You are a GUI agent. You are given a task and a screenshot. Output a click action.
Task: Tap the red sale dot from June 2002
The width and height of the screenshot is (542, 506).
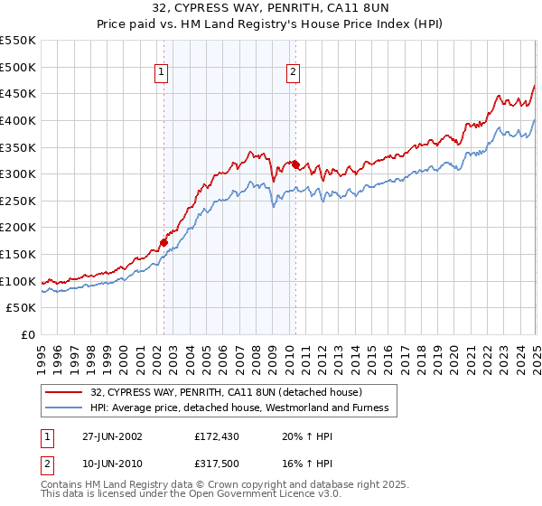(x=164, y=242)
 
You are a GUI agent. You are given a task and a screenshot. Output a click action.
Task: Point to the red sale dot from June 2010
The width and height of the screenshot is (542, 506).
(x=295, y=164)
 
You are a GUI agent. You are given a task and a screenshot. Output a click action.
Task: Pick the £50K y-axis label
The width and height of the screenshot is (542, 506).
(x=22, y=308)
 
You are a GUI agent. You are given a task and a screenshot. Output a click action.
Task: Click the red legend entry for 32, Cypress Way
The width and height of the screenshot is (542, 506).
(x=226, y=392)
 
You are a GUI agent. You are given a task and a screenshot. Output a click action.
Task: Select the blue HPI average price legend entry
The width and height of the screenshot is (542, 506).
(x=239, y=408)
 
